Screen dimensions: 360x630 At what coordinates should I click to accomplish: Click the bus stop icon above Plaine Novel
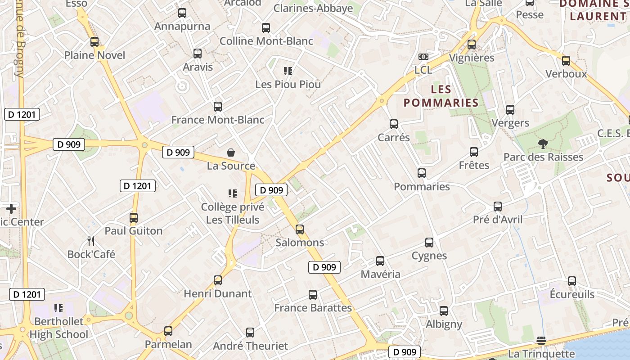point(94,42)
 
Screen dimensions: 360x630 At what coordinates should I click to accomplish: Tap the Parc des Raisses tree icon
point(543,144)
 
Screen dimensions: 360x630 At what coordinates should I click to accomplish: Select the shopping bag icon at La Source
point(231,153)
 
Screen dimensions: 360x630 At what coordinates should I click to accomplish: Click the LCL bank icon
point(423,57)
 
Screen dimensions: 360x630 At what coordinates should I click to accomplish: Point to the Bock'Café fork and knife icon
point(91,241)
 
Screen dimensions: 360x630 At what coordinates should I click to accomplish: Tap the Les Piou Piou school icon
point(288,71)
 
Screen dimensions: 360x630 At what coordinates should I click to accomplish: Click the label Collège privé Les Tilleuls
point(232,213)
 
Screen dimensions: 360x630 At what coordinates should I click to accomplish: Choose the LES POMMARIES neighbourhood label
point(441,96)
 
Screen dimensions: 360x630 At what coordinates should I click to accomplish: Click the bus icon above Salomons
point(300,229)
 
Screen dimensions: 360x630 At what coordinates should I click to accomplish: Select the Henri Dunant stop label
point(218,294)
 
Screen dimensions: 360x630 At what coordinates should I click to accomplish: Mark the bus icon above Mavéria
point(380,261)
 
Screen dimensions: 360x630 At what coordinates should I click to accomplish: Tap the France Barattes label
point(313,308)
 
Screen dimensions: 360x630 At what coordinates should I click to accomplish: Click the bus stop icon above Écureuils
point(572,281)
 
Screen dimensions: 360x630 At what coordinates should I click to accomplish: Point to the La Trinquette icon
point(541,341)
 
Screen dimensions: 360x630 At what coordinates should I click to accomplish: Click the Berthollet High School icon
point(58,308)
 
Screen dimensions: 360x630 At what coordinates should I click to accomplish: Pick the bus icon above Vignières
point(472,45)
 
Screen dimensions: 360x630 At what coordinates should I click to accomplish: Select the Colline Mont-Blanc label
point(266,41)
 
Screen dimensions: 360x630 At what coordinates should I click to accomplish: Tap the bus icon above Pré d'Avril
point(498,207)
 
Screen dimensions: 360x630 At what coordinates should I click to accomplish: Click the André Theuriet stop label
point(250,346)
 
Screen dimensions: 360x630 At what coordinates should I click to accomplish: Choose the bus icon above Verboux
point(566,61)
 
